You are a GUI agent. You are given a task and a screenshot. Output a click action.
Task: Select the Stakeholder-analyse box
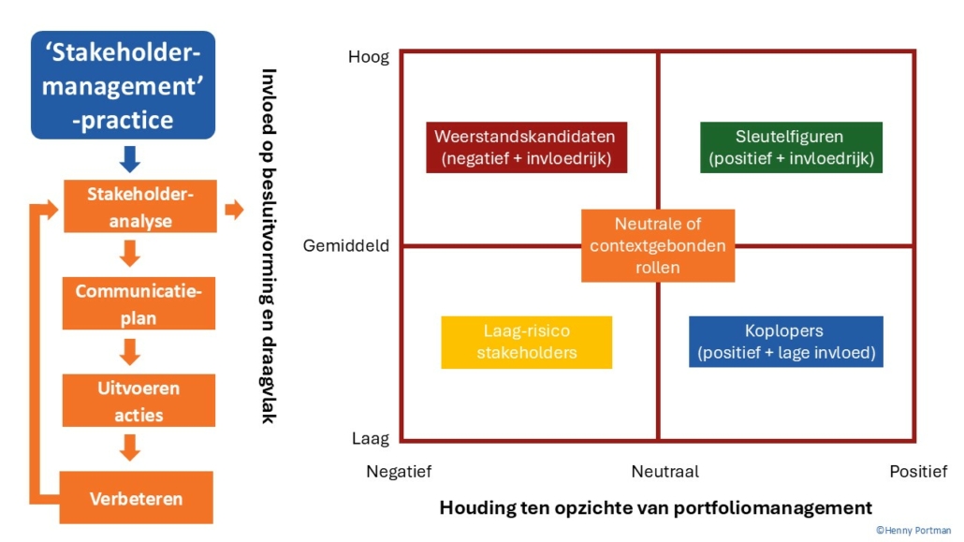pyautogui.click(x=139, y=207)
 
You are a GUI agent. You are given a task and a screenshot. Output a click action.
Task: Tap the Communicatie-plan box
pyautogui.click(x=139, y=303)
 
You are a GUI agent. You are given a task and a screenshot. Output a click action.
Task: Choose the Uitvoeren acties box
pyautogui.click(x=139, y=401)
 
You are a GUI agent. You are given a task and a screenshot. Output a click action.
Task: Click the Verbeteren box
pyautogui.click(x=137, y=497)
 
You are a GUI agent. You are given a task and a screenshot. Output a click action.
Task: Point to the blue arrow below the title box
pyautogui.click(x=130, y=159)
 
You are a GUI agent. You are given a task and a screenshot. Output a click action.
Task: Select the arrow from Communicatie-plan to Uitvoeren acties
pyautogui.click(x=130, y=352)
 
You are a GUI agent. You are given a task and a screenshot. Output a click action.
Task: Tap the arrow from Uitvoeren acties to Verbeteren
pyautogui.click(x=130, y=448)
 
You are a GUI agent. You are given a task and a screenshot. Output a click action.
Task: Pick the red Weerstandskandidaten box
pyautogui.click(x=526, y=148)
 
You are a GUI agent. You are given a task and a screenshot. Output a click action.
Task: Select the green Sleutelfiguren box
pyautogui.click(x=791, y=148)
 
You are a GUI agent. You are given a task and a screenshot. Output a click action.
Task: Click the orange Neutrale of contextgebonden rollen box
pyautogui.click(x=658, y=245)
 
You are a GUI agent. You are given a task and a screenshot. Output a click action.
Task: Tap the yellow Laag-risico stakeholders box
pyautogui.click(x=526, y=342)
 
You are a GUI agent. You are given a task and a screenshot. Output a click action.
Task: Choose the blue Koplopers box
pyautogui.click(x=785, y=342)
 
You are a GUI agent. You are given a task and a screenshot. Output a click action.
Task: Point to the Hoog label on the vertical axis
pyautogui.click(x=369, y=57)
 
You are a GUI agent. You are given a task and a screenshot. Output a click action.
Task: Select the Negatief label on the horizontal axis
pyautogui.click(x=399, y=471)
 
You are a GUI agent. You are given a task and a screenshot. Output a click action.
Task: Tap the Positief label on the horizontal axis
pyautogui.click(x=918, y=471)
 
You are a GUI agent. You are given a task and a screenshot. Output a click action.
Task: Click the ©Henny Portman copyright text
pyautogui.click(x=913, y=530)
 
